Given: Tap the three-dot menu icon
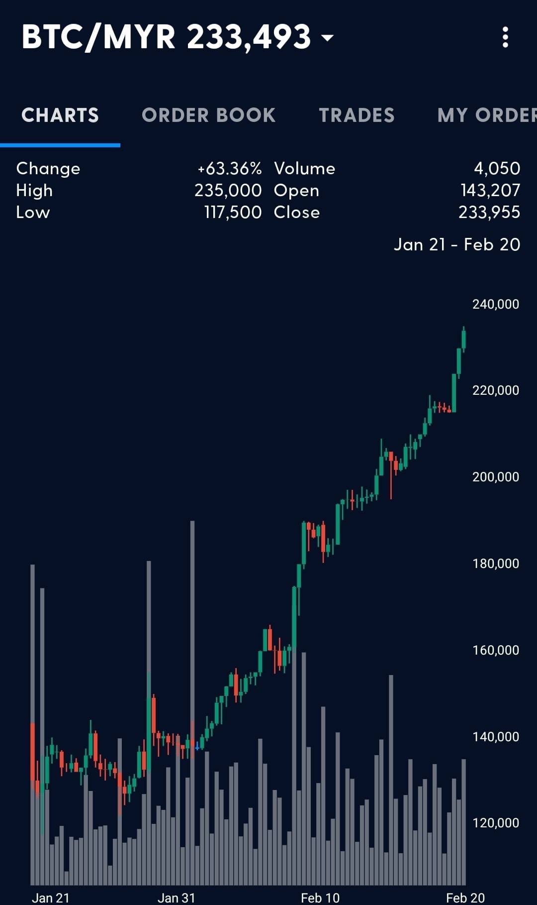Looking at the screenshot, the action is click(x=505, y=37).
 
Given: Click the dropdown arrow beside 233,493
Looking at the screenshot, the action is click(x=327, y=37).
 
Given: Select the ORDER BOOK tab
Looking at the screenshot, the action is click(x=208, y=115).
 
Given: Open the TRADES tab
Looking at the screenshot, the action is click(x=357, y=115).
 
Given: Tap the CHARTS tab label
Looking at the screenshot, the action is click(x=60, y=115).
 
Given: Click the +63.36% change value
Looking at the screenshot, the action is click(x=229, y=169).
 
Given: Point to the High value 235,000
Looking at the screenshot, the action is click(x=228, y=190).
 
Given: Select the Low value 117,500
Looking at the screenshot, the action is click(x=233, y=212).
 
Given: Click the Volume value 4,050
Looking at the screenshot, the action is click(x=497, y=168).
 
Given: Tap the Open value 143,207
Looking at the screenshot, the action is click(x=490, y=190).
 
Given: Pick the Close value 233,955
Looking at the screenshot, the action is click(x=489, y=212).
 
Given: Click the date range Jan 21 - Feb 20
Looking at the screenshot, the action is click(x=457, y=244).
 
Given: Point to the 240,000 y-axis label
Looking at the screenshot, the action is click(x=496, y=304).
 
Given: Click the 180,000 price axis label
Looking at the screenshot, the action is click(x=496, y=564).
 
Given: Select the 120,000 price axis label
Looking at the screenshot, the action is click(x=496, y=823).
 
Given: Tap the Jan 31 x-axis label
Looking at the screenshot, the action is click(x=177, y=898).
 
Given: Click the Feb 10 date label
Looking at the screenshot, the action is click(x=320, y=898).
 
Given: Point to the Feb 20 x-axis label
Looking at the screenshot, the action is click(x=465, y=898).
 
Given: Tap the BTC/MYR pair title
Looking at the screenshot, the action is click(x=98, y=37).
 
